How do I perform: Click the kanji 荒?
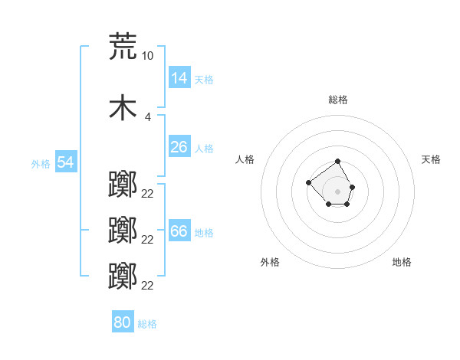point(123,46)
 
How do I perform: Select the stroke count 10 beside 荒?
point(147,56)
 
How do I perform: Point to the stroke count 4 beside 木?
point(147,117)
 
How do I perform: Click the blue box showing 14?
point(179,77)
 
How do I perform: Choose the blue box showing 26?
point(179,146)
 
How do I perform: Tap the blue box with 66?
point(179,230)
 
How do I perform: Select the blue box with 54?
point(66,162)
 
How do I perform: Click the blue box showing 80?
point(123,321)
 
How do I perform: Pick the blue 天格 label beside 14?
point(204,80)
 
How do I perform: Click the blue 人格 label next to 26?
point(204,149)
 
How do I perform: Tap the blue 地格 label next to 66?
point(204,233)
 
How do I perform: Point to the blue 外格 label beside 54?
point(41,164)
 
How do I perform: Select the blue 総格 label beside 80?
point(147,324)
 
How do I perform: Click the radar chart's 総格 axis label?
point(338,100)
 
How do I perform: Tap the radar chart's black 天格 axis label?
point(431,159)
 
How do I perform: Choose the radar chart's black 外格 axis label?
point(270,262)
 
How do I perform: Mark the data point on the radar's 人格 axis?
point(308,182)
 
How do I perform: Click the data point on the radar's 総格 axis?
point(337,161)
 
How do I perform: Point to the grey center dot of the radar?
point(337,191)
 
